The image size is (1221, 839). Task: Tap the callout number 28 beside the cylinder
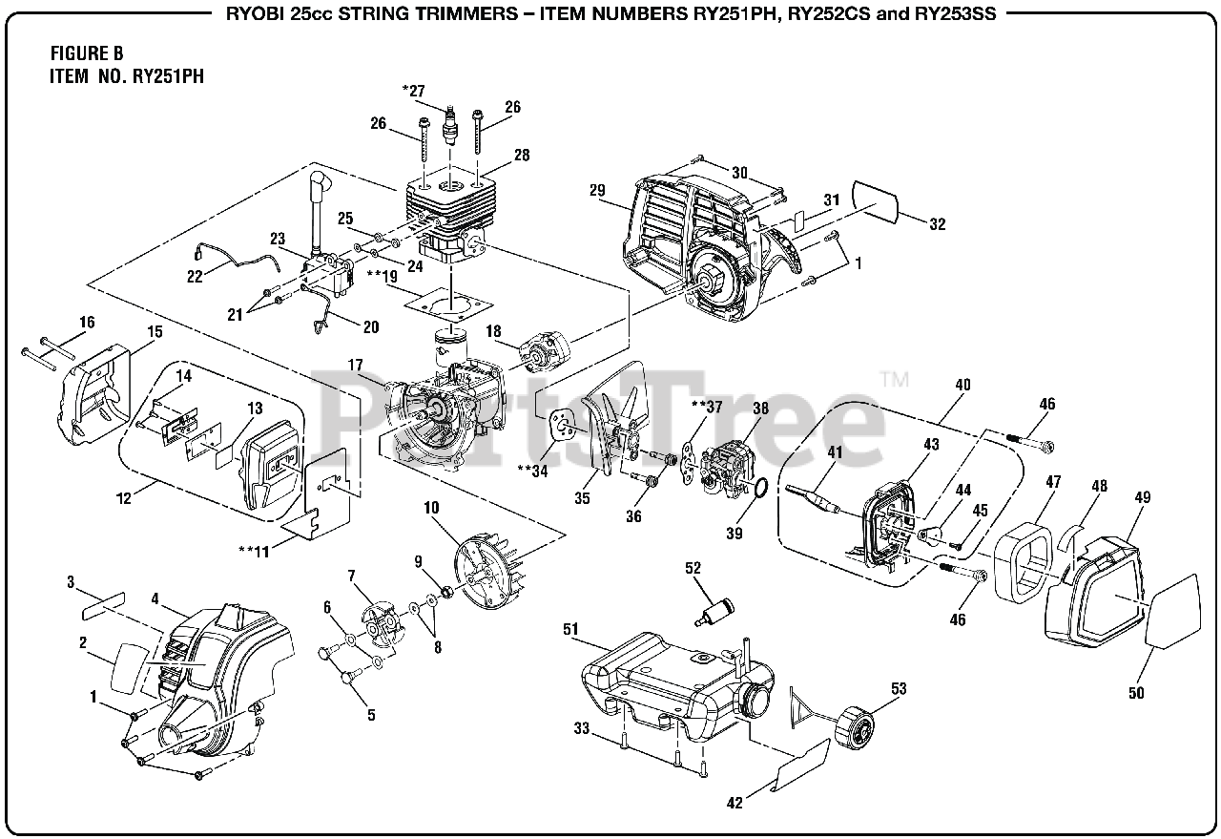pos(520,156)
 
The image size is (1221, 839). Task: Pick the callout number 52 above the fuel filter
pos(693,569)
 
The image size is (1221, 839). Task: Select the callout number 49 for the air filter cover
pos(1142,497)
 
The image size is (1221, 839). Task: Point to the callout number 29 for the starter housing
pos(598,191)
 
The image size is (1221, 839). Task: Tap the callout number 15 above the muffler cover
pos(155,332)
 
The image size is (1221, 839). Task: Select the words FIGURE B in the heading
pos(87,54)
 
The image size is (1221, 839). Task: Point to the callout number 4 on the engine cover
pos(155,599)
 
